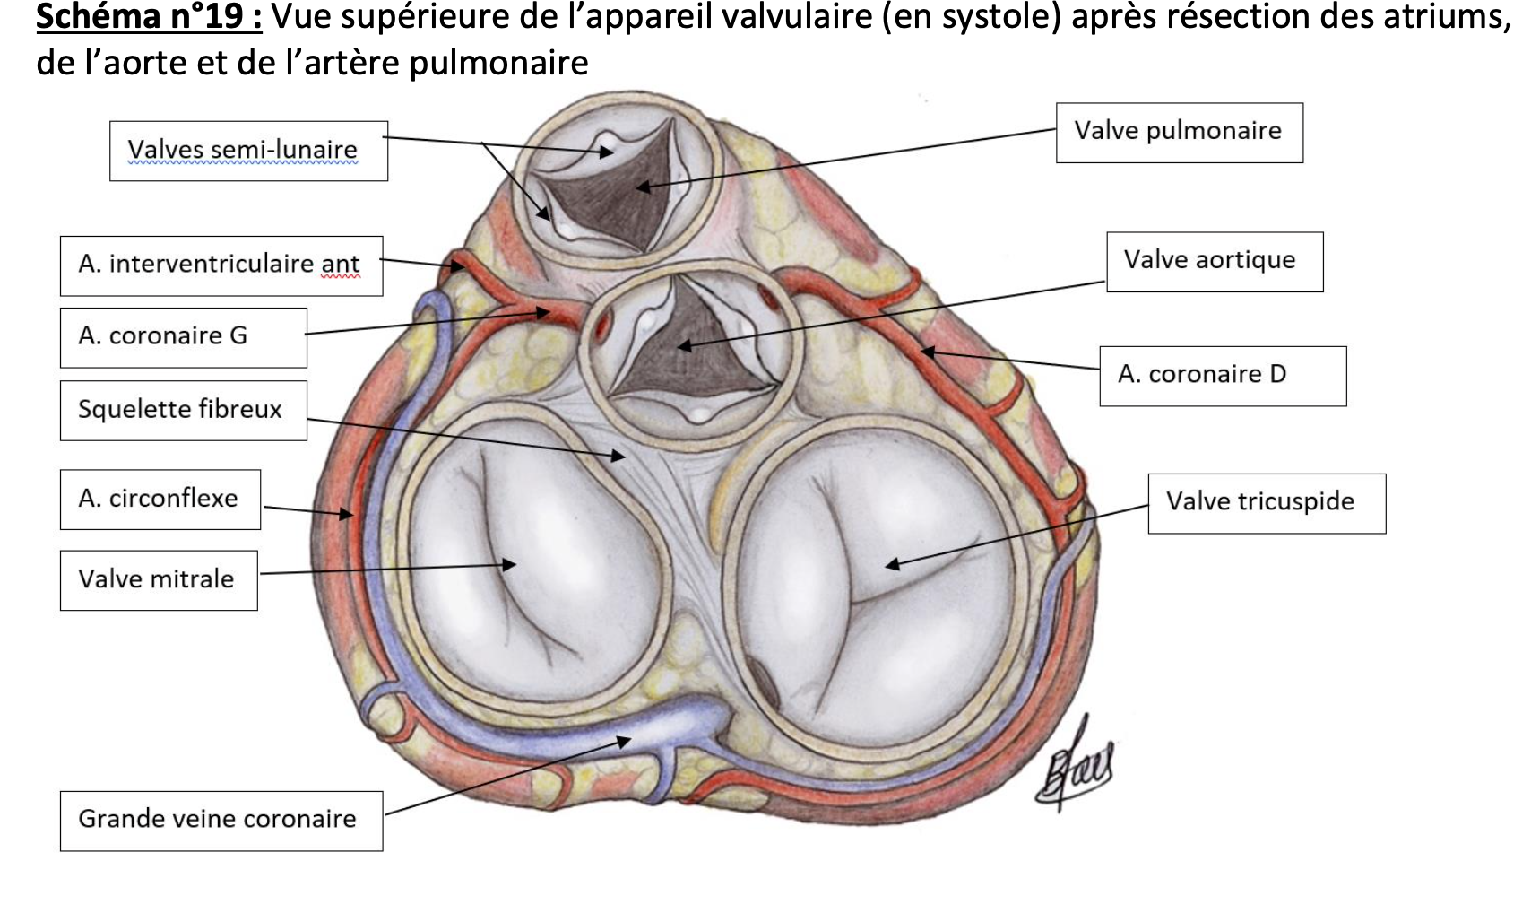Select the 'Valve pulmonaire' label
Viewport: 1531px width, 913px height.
(1179, 132)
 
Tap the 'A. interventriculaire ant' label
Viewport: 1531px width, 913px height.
(221, 265)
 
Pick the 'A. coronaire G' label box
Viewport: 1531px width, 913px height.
(183, 337)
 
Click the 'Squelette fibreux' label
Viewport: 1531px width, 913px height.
(183, 410)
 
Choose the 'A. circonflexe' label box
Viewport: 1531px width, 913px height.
(160, 499)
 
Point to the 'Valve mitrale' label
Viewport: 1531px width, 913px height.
(158, 579)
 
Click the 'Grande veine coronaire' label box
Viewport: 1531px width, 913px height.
(221, 820)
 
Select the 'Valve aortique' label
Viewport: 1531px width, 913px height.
(1214, 261)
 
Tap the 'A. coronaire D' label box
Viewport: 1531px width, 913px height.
(1222, 375)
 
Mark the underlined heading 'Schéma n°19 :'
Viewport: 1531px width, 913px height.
(149, 18)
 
